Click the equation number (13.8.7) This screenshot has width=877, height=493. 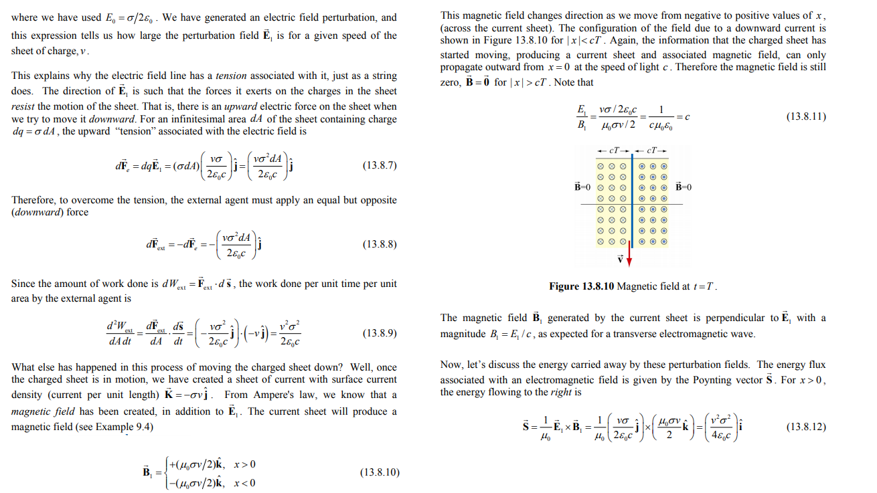(x=380, y=165)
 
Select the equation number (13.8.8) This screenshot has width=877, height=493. (x=380, y=245)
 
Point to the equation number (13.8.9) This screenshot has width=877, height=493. (x=380, y=332)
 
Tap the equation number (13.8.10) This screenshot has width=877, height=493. (x=380, y=472)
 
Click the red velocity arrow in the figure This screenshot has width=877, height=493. (x=631, y=254)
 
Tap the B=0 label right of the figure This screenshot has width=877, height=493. (x=683, y=187)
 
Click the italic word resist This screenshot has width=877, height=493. (x=23, y=106)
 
